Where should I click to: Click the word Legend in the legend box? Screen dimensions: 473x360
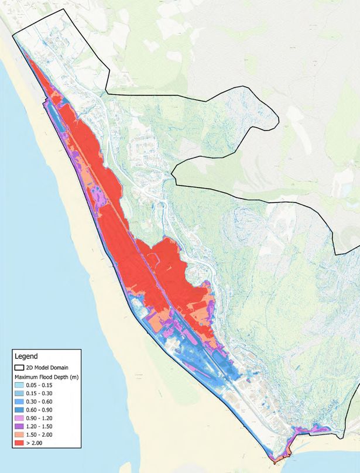26,356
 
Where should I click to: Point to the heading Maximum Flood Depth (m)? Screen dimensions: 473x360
47,376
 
